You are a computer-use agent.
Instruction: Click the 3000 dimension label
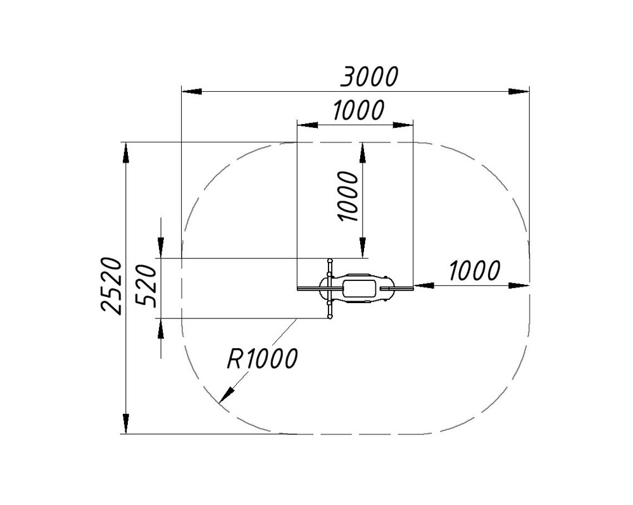(370, 77)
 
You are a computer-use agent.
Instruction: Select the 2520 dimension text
(111, 285)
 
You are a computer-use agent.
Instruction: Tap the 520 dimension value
(146, 286)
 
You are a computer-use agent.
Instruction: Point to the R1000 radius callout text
(263, 358)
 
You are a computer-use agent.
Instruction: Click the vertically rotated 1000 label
(347, 196)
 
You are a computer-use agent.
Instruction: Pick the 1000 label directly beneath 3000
(358, 110)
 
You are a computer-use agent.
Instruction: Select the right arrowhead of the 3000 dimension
(519, 92)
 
